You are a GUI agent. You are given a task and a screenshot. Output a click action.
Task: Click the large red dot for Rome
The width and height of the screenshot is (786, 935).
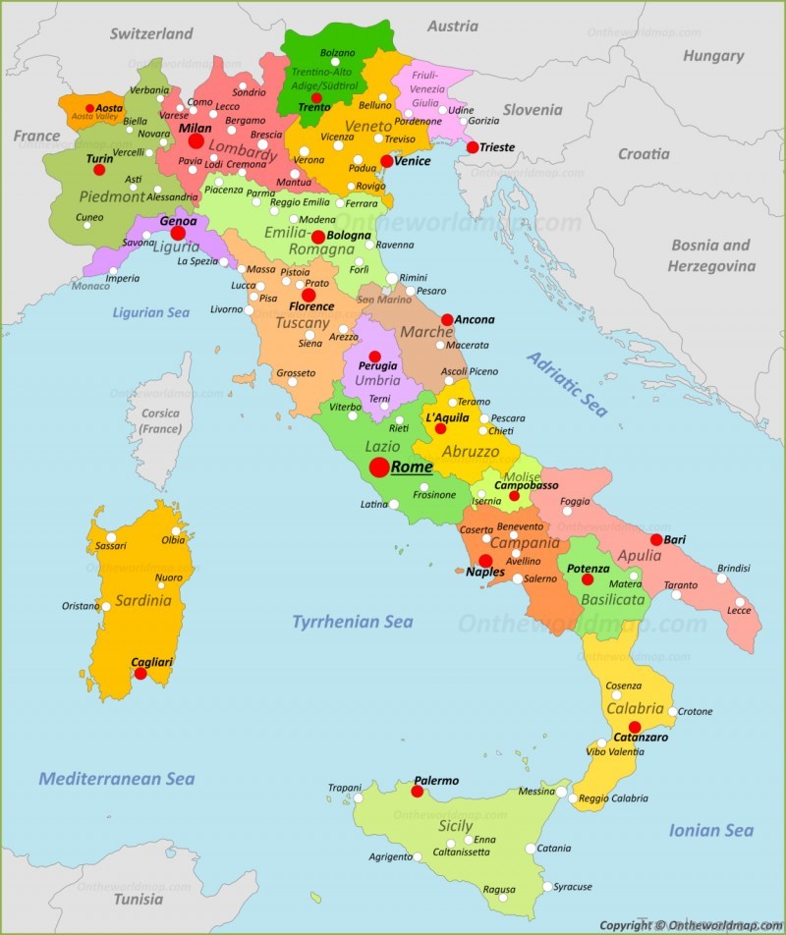click(379, 467)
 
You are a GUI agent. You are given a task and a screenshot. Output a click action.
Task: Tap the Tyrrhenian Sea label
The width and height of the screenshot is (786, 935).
click(352, 622)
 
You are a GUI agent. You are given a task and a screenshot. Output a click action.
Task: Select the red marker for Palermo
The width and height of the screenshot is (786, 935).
click(417, 791)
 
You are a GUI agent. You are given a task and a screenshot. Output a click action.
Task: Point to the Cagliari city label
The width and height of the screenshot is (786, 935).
click(152, 662)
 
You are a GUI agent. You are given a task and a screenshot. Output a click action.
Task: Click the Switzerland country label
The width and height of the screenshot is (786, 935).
click(151, 33)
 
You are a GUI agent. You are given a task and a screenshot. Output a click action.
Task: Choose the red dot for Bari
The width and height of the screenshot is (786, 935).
click(656, 539)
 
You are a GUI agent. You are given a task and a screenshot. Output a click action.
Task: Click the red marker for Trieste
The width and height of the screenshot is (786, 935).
click(473, 147)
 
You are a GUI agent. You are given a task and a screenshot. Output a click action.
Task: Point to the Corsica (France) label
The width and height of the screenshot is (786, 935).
click(160, 421)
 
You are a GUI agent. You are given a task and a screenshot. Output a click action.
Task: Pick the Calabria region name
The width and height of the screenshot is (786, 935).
click(635, 708)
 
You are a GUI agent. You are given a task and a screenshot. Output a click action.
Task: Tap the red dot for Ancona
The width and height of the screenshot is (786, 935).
click(447, 319)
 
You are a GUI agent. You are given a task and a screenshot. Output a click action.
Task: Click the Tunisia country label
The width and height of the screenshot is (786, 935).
click(138, 899)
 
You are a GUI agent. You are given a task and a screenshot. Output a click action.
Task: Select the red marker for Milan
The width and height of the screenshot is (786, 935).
click(196, 141)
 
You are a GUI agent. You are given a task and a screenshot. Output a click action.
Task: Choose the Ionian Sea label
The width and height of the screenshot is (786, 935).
click(710, 830)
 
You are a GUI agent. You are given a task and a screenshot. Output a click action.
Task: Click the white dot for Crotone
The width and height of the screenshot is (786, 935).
click(672, 711)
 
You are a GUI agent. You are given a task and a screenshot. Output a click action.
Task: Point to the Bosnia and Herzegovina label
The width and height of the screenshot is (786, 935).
click(711, 255)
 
